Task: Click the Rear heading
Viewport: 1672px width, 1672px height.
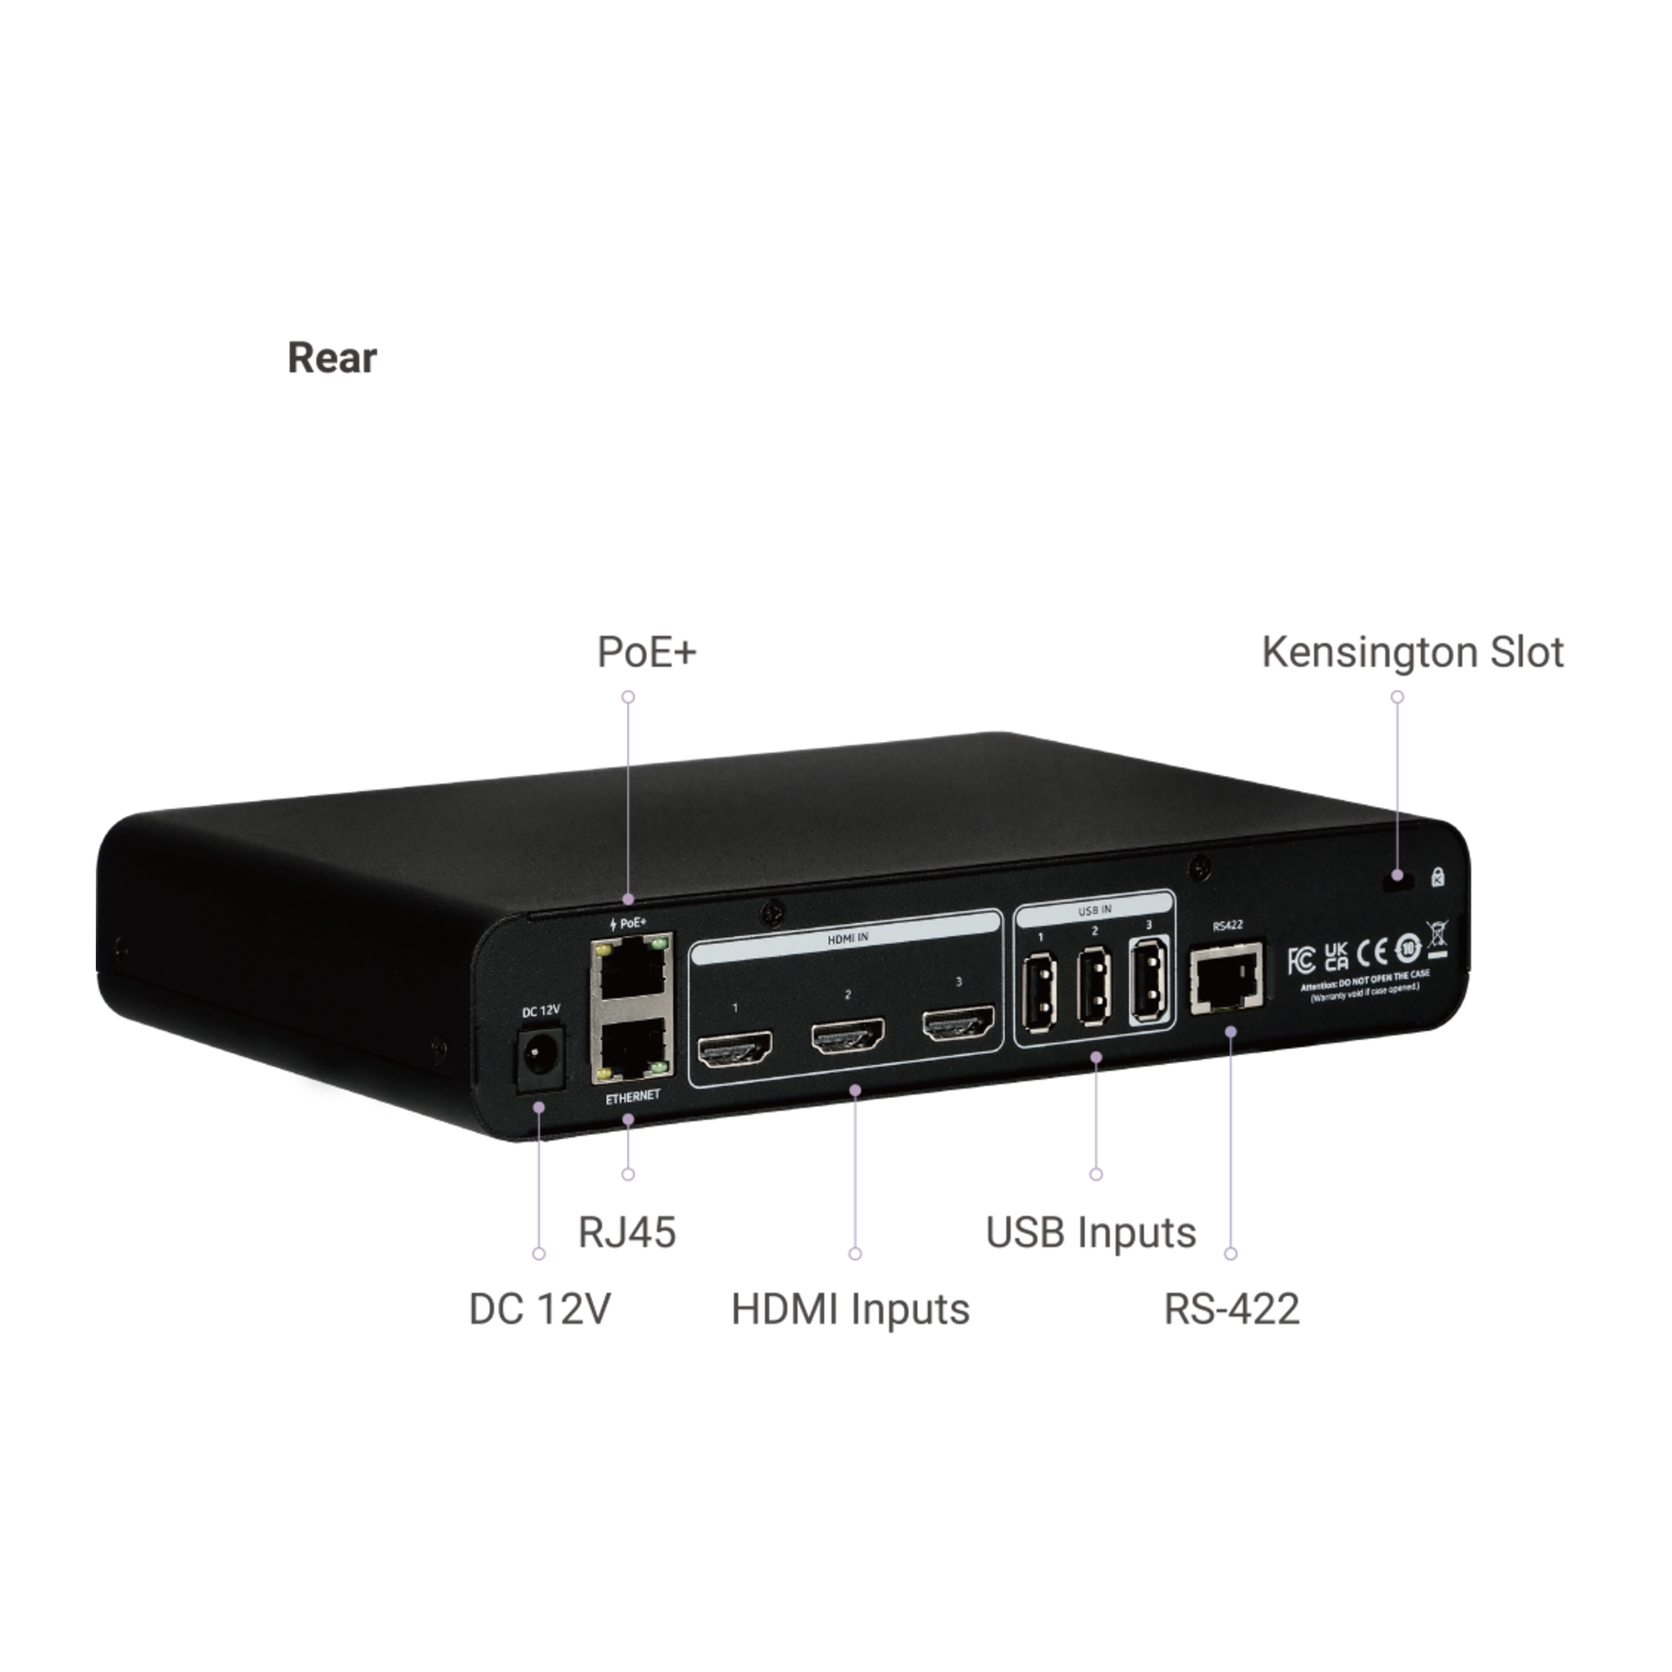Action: tap(332, 358)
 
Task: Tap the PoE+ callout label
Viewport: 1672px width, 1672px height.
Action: tap(646, 652)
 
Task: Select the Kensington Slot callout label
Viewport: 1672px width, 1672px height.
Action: tap(1412, 652)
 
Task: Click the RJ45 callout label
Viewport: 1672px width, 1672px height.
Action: tap(626, 1232)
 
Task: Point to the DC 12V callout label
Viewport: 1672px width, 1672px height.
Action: tap(539, 1309)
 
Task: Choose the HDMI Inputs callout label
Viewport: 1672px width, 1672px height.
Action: tap(850, 1309)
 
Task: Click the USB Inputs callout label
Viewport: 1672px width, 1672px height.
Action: tap(1090, 1232)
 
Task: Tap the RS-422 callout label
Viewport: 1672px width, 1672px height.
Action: tap(1231, 1309)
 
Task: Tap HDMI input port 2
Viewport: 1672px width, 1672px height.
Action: tap(847, 1036)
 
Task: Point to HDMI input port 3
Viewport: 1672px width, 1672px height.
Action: tap(958, 1022)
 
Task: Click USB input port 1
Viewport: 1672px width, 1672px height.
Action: tap(1041, 992)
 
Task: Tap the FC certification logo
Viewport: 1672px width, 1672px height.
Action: tap(1301, 961)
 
